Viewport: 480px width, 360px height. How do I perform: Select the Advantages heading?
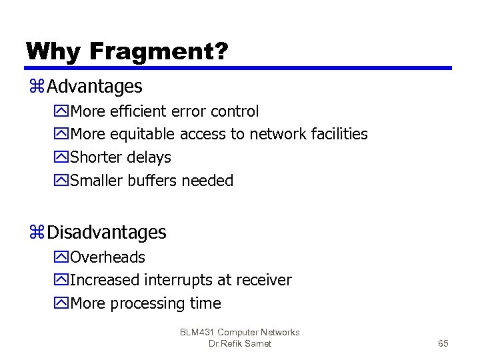(x=95, y=87)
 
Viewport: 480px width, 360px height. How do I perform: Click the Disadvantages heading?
(x=107, y=233)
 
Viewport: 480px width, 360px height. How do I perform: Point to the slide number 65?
(x=443, y=343)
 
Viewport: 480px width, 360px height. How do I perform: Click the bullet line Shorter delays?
(x=121, y=158)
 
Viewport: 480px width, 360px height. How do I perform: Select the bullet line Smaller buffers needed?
(x=151, y=181)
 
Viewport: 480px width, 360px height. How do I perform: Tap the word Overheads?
(x=107, y=257)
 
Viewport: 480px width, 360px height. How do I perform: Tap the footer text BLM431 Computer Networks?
(x=240, y=332)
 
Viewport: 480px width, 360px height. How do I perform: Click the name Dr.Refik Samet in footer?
(x=240, y=343)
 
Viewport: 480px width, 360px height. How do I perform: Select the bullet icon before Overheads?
(x=63, y=258)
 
